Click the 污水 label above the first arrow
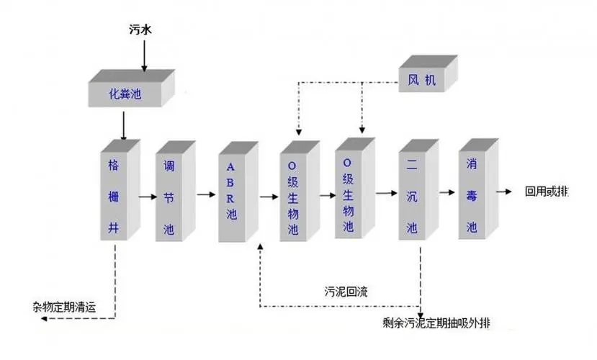(x=143, y=30)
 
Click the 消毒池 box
(x=472, y=193)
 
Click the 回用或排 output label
(x=546, y=192)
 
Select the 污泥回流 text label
(x=348, y=292)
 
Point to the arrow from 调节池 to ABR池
(x=206, y=194)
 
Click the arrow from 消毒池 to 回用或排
(x=507, y=192)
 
